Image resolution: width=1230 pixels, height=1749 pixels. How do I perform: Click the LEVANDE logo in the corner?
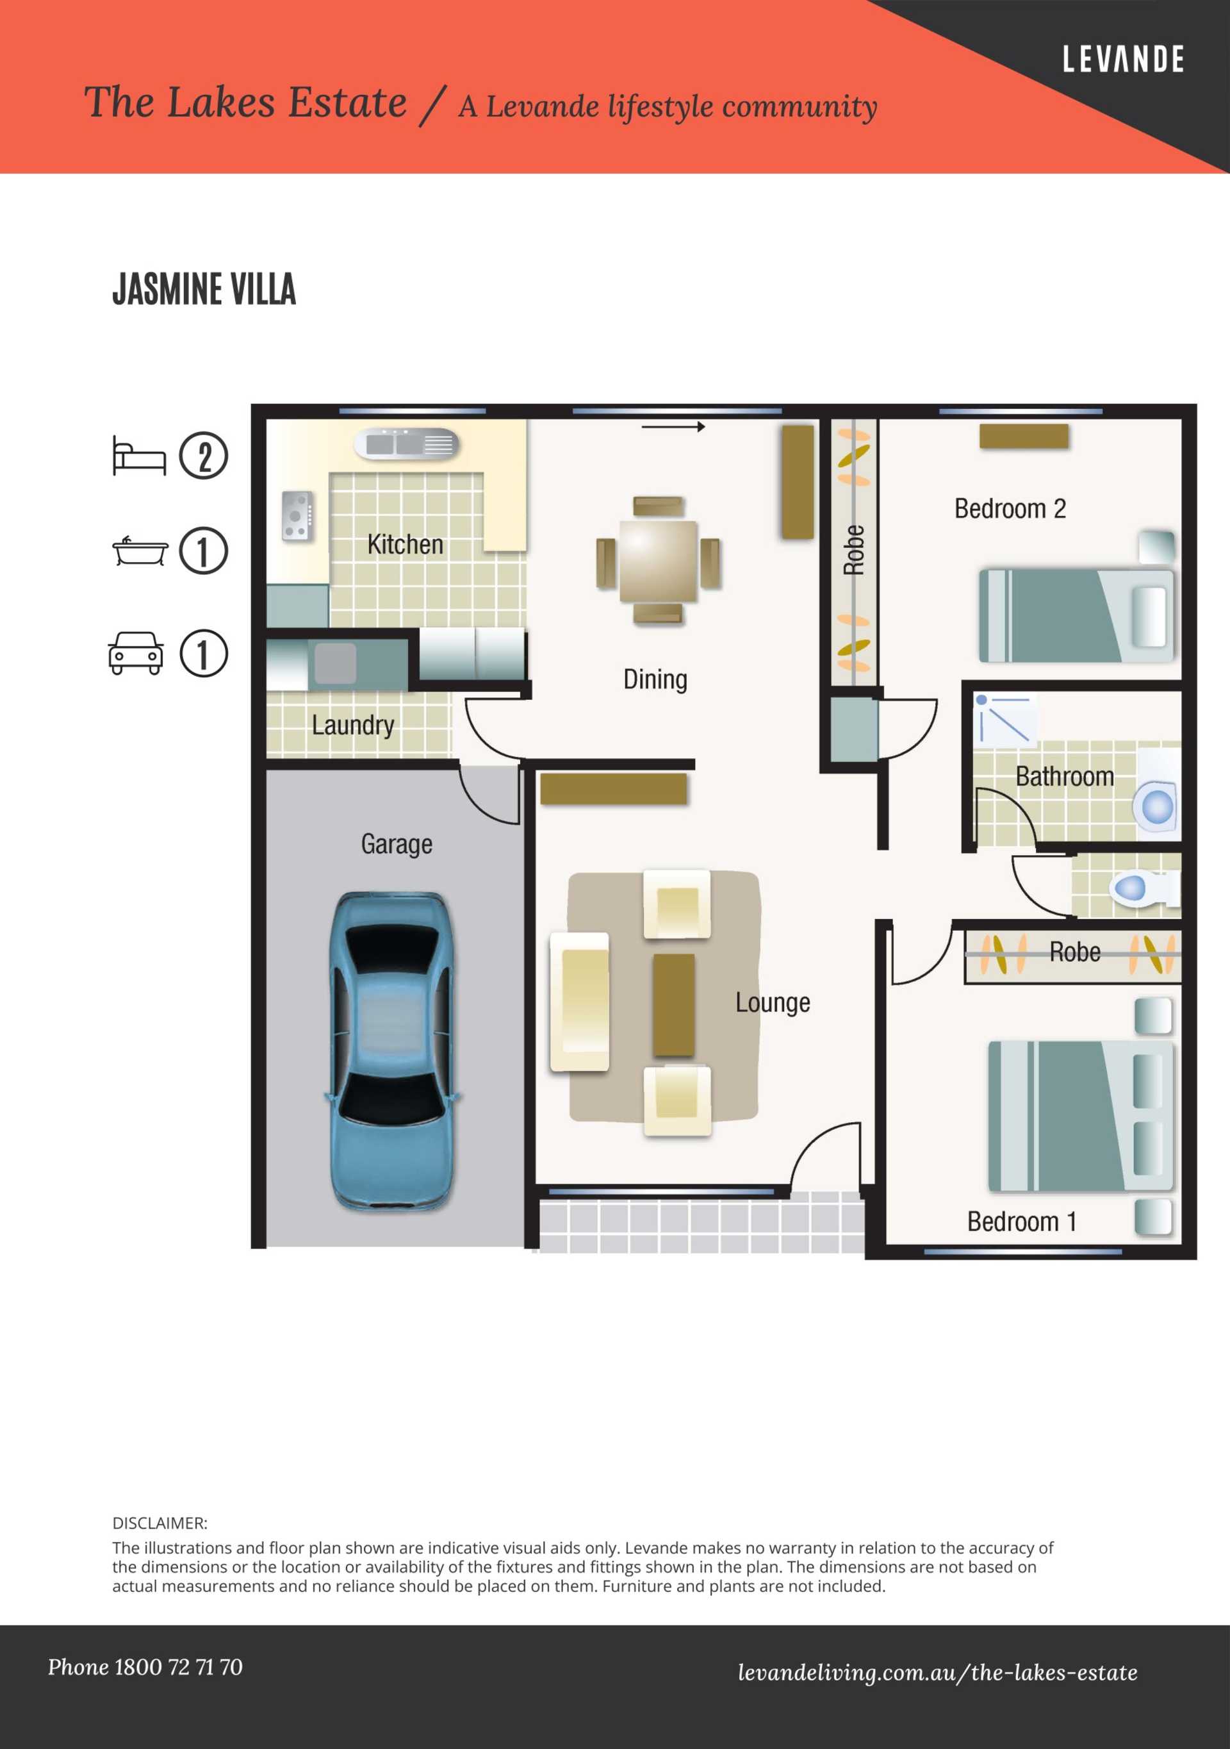click(1124, 60)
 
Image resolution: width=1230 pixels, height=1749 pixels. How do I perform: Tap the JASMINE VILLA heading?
click(204, 290)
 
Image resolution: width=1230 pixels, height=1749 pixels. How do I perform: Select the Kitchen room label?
click(405, 545)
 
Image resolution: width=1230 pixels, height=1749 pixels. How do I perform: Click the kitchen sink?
click(407, 443)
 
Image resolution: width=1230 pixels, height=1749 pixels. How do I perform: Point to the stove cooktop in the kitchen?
click(297, 517)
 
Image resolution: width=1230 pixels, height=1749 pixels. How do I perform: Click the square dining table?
click(658, 560)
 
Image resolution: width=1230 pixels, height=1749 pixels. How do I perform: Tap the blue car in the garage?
click(395, 1051)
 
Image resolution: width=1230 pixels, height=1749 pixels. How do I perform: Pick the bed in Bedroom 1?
click(1080, 1116)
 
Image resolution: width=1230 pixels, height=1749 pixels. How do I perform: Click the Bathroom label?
click(1064, 776)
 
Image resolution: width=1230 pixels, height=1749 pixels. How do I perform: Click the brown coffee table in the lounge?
click(674, 1005)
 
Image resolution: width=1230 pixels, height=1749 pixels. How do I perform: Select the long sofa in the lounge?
click(580, 1002)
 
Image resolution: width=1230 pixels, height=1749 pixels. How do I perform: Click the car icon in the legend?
click(136, 653)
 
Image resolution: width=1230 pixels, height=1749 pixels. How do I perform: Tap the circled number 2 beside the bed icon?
click(203, 456)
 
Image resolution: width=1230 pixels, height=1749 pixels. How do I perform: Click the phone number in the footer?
click(145, 1668)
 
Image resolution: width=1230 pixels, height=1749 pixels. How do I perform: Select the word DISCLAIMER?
click(160, 1523)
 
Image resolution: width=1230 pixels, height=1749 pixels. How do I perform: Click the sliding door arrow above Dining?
click(673, 427)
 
